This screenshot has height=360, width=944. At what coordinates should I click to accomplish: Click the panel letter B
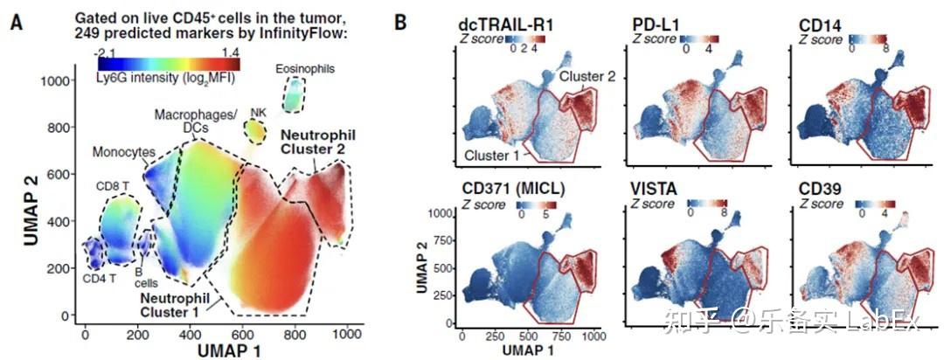tap(400, 22)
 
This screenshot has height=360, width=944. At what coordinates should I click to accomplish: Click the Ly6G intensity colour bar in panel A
tap(169, 64)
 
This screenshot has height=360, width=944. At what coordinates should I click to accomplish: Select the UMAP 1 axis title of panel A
tap(226, 351)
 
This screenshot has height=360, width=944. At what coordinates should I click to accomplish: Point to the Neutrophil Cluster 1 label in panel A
tap(171, 305)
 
